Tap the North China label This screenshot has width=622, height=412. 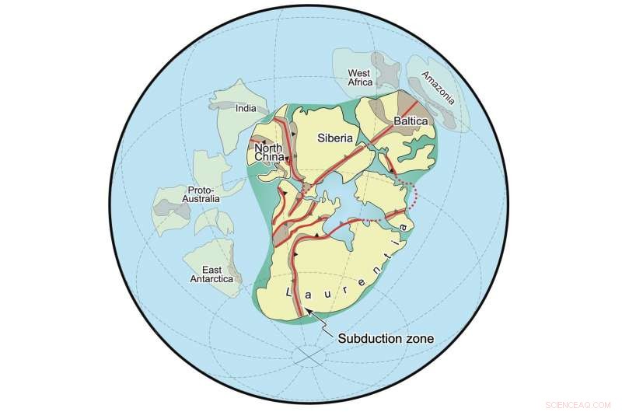(x=268, y=152)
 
